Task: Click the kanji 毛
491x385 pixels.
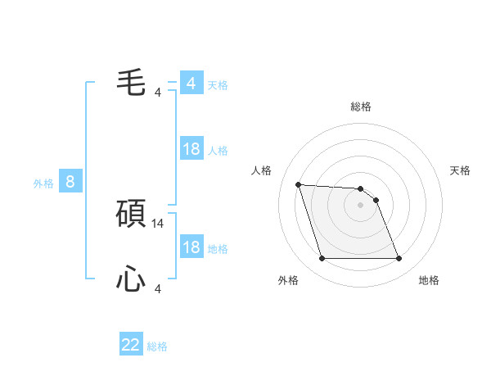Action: (131, 82)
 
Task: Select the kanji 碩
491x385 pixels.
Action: (131, 215)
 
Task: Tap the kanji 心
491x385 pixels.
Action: (131, 280)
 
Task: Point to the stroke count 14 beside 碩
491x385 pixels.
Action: (159, 223)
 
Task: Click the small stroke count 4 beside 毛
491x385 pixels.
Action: (158, 92)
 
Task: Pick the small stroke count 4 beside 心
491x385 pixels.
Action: (158, 288)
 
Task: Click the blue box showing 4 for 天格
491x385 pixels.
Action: (191, 84)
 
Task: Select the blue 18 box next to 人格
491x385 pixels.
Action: (191, 149)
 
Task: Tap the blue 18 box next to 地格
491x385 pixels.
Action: (191, 247)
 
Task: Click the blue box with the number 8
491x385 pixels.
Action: (70, 182)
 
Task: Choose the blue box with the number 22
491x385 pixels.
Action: (131, 345)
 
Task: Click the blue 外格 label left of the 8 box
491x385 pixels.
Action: (43, 183)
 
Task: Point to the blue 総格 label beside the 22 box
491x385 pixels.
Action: (157, 346)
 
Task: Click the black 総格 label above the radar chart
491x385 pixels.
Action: (360, 106)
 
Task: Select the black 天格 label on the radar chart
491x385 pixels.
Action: (461, 170)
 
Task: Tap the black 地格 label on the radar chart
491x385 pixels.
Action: (429, 280)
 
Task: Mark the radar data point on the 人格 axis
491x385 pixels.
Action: (298, 184)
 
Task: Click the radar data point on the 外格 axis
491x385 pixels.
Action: (322, 259)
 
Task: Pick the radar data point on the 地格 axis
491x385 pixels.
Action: (399, 259)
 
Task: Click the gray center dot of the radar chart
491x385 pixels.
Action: (360, 205)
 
